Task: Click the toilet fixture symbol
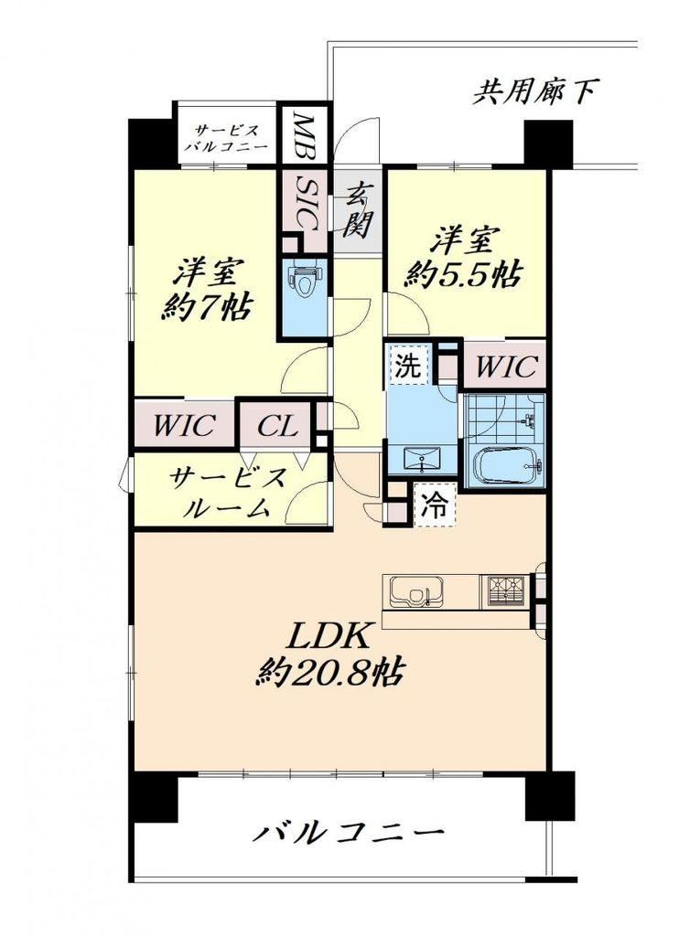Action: click(305, 280)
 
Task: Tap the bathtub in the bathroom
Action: click(507, 465)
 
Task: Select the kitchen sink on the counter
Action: click(417, 591)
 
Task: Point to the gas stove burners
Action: click(506, 591)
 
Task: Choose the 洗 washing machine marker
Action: click(409, 366)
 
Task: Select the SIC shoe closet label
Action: click(308, 207)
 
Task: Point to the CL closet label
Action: click(277, 426)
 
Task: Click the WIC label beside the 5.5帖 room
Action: click(505, 365)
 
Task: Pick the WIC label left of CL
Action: click(184, 426)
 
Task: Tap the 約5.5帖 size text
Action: click(463, 274)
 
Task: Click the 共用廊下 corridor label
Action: click(535, 92)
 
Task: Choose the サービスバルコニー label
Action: click(226, 139)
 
